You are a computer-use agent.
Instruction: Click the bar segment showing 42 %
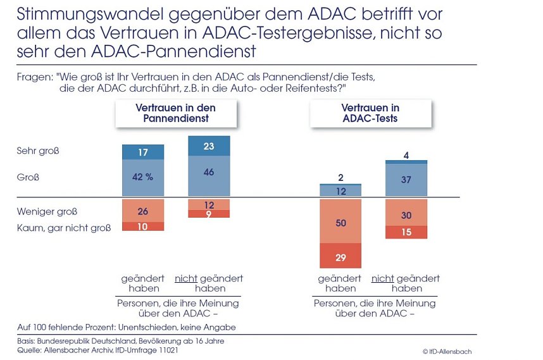(143, 178)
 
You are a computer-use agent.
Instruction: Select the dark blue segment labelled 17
(143, 152)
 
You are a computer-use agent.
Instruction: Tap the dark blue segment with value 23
(209, 146)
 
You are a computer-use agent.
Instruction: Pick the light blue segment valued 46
(209, 172)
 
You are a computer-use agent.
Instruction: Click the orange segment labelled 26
(143, 211)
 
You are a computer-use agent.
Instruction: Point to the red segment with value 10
(143, 227)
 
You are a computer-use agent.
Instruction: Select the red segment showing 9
(209, 214)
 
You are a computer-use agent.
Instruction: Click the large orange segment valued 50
(340, 223)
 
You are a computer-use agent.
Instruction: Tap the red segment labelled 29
(340, 258)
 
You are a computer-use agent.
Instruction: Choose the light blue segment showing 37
(406, 180)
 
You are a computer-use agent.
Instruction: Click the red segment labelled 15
(406, 233)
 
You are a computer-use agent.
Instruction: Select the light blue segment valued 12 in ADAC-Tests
(340, 191)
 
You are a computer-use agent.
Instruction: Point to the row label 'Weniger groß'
(43, 211)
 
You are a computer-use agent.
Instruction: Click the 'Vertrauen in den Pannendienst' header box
(175, 113)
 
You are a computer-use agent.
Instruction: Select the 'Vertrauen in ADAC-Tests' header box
(370, 113)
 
